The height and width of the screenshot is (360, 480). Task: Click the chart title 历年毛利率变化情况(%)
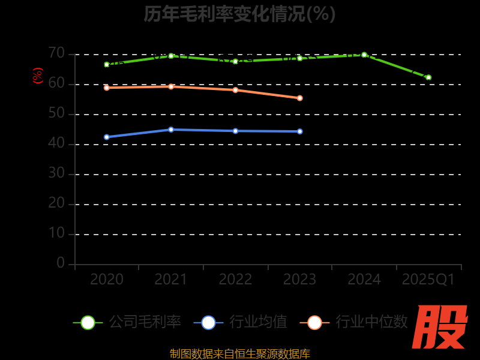click(x=239, y=14)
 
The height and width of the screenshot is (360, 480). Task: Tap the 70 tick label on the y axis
click(x=56, y=53)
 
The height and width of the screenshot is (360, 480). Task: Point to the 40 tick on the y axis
click(x=56, y=143)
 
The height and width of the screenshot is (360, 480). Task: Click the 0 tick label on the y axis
click(x=61, y=263)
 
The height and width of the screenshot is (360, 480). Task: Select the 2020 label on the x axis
click(x=107, y=280)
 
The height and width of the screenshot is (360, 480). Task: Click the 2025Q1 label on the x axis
click(x=428, y=280)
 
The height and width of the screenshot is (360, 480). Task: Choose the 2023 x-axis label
click(x=299, y=280)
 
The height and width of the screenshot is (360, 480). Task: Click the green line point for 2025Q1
click(x=428, y=77)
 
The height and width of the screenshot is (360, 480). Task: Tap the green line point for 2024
click(x=364, y=55)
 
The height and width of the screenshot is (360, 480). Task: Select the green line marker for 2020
click(x=107, y=64)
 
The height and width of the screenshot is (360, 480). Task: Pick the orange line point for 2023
click(x=300, y=98)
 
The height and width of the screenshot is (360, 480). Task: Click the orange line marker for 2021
click(x=171, y=86)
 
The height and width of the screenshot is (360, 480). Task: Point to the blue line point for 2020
click(x=107, y=137)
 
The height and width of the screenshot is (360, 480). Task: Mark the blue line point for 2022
click(x=235, y=131)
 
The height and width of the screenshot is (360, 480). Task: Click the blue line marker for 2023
click(x=300, y=131)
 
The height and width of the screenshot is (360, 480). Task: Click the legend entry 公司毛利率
click(x=127, y=322)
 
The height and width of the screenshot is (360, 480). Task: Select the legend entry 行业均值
click(x=241, y=322)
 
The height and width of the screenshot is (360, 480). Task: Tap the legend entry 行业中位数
click(x=354, y=322)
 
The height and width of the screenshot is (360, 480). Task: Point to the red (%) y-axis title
click(x=38, y=76)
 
